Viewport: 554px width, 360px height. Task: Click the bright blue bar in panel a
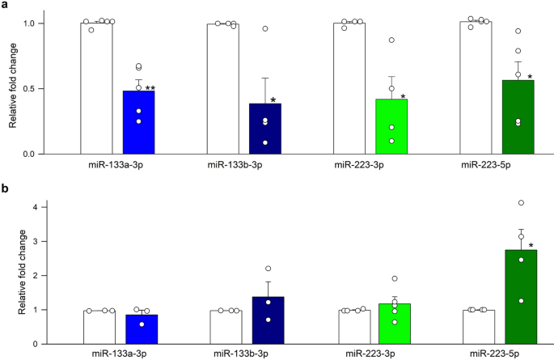138,122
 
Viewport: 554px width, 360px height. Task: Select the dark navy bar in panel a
265,129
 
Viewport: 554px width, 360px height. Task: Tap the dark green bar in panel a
518,117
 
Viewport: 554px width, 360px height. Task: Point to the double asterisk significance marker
150,88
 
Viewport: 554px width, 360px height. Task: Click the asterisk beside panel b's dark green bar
531,246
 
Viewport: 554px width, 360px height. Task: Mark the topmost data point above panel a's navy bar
264,29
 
